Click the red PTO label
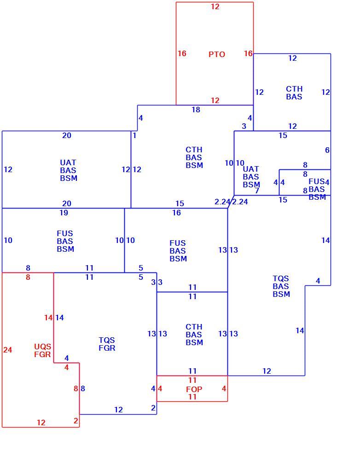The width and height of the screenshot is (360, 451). (217, 54)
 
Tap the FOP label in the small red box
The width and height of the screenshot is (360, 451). (194, 389)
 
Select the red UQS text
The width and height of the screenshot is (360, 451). (43, 347)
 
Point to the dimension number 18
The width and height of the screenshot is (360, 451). (196, 110)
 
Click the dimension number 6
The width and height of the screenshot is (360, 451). (327, 150)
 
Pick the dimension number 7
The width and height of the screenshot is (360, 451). (257, 191)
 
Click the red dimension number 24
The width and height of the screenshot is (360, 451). (8, 350)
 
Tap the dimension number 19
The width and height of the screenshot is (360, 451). (64, 213)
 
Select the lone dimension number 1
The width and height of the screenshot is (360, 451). (134, 135)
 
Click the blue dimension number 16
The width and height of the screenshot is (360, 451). (176, 213)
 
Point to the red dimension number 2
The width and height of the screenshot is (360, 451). (75, 421)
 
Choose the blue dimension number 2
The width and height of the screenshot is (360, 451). (153, 408)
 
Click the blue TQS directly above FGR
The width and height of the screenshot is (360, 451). (107, 340)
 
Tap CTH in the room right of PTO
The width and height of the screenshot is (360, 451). (294, 89)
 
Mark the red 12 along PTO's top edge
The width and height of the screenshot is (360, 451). (215, 6)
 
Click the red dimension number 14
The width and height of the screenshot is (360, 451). (48, 318)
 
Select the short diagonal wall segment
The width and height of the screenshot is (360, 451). (231, 202)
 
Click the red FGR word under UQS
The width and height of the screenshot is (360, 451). (43, 354)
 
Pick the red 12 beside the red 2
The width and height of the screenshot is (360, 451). (41, 422)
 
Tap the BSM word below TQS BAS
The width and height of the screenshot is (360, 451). (281, 294)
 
